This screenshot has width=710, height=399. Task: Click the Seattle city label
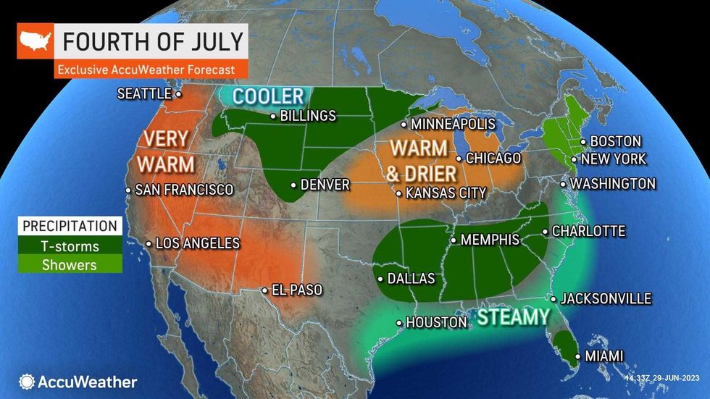tap(144, 93)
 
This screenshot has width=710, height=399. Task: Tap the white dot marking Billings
tap(272, 117)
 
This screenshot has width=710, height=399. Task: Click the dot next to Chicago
tap(459, 159)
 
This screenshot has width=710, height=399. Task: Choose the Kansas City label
tap(446, 193)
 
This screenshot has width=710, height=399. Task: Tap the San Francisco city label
tap(184, 190)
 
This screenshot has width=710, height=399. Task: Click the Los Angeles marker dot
tap(149, 243)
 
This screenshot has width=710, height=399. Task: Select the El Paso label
tap(296, 290)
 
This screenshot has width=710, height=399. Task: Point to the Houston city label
tap(436, 322)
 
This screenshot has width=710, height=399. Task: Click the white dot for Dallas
tap(381, 278)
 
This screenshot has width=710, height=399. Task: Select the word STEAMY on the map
tap(512, 317)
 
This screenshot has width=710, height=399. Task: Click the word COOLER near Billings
tap(267, 96)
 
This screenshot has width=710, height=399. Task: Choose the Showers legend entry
tap(68, 264)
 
